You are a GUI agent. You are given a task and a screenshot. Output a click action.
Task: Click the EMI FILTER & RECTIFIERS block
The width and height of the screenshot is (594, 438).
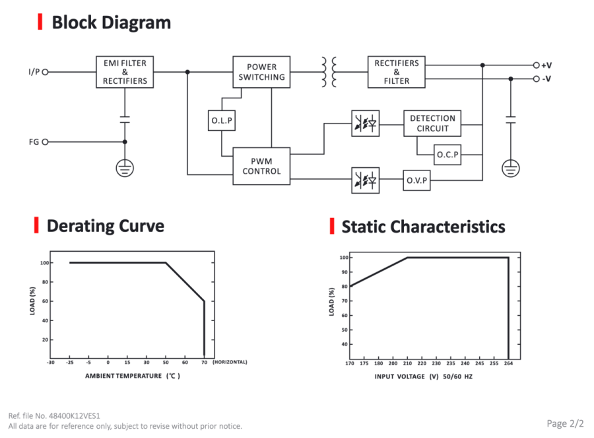125,72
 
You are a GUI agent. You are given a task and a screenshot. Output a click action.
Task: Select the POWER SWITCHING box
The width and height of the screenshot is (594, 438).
261,72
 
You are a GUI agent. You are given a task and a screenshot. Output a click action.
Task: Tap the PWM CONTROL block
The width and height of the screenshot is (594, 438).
261,166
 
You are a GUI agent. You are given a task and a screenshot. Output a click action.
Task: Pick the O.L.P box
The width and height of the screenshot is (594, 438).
222,121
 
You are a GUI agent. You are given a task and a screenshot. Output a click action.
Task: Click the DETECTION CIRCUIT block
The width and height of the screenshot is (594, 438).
432,124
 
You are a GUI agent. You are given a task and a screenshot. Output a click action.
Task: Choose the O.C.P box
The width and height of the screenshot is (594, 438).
447,155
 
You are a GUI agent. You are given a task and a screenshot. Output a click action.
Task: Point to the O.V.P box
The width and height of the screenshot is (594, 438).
416,180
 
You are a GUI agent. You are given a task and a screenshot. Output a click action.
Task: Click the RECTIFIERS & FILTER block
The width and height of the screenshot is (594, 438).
396,72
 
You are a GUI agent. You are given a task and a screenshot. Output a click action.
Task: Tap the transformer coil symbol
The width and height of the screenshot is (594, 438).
329,72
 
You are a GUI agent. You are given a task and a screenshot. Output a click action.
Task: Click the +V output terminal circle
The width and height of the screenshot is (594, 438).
536,65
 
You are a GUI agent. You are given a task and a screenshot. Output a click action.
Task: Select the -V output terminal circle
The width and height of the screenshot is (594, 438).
536,79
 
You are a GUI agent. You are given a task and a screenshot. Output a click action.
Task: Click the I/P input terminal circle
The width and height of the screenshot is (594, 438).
45,72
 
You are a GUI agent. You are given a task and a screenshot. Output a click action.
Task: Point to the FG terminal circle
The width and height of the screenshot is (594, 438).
45,142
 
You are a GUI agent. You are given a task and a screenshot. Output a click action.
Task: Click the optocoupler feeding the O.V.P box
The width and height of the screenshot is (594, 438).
365,180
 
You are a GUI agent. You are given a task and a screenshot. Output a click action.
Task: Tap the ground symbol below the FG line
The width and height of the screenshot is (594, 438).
125,168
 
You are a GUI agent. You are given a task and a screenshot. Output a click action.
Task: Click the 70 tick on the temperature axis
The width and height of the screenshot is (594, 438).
204,363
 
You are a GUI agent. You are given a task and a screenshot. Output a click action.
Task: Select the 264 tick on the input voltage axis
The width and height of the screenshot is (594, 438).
508,363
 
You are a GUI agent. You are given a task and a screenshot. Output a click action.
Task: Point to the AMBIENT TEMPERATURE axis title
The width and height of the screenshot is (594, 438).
123,376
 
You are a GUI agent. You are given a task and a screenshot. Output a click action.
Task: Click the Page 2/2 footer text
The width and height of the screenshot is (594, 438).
565,423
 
